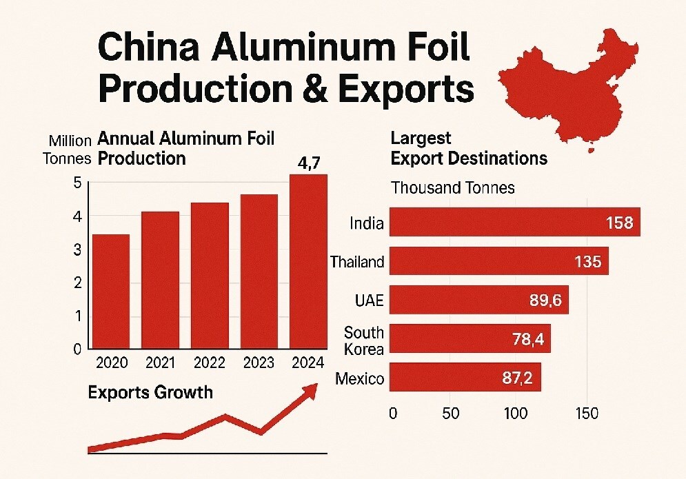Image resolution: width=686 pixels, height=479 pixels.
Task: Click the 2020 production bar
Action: (111, 291)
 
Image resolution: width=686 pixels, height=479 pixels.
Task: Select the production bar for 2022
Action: (210, 275)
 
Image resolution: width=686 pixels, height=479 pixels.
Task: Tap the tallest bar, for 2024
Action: (308, 261)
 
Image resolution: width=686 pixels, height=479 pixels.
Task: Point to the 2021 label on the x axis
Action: (161, 363)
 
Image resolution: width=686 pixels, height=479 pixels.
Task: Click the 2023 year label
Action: (259, 363)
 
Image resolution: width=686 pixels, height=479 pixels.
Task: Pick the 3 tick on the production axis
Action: (77, 249)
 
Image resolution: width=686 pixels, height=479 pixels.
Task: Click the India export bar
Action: (514, 223)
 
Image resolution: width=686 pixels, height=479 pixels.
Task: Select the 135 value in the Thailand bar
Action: (588, 262)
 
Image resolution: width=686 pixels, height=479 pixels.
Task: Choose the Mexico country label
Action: (359, 378)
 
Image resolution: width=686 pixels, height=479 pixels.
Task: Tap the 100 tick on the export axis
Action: (515, 414)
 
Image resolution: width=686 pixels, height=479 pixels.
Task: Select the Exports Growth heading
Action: (150, 393)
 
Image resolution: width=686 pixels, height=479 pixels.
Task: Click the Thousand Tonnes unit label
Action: (452, 187)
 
